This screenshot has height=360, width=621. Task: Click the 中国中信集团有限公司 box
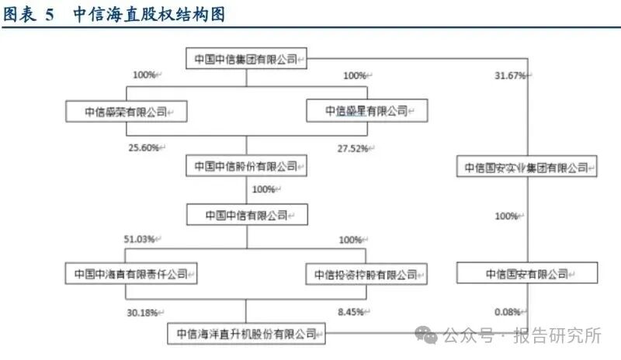pyautogui.click(x=246, y=59)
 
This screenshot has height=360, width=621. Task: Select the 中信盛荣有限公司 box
pyautogui.click(x=126, y=112)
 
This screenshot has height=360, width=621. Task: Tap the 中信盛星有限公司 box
pyautogui.click(x=366, y=112)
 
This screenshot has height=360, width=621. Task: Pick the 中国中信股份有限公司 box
pyautogui.click(x=246, y=165)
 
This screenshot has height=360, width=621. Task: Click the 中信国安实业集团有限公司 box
pyautogui.click(x=526, y=167)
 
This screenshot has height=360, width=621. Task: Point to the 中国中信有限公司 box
pyautogui.click(x=246, y=214)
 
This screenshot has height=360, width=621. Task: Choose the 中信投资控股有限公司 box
pyautogui.click(x=366, y=274)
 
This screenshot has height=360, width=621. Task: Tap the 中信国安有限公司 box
pyautogui.click(x=526, y=274)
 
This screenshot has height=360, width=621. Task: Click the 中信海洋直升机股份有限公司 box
pyautogui.click(x=246, y=334)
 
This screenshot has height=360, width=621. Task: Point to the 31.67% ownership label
pyautogui.click(x=511, y=76)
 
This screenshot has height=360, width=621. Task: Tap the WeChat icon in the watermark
pyautogui.click(x=425, y=334)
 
